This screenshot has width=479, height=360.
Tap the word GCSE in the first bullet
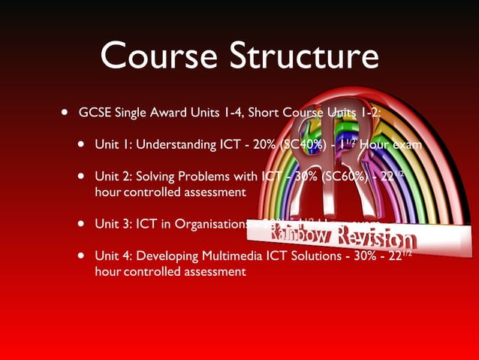coord(95,113)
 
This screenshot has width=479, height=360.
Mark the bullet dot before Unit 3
coord(80,223)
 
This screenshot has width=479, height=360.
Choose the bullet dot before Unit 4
coord(80,256)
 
